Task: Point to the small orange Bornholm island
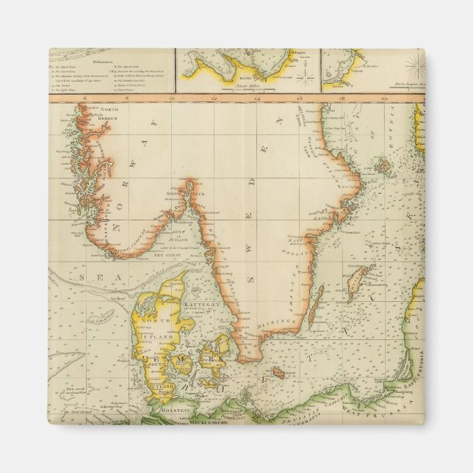click(277, 374)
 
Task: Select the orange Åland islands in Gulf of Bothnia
click(382, 166)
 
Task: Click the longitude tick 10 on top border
click(173, 96)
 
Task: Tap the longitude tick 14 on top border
click(259, 96)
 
